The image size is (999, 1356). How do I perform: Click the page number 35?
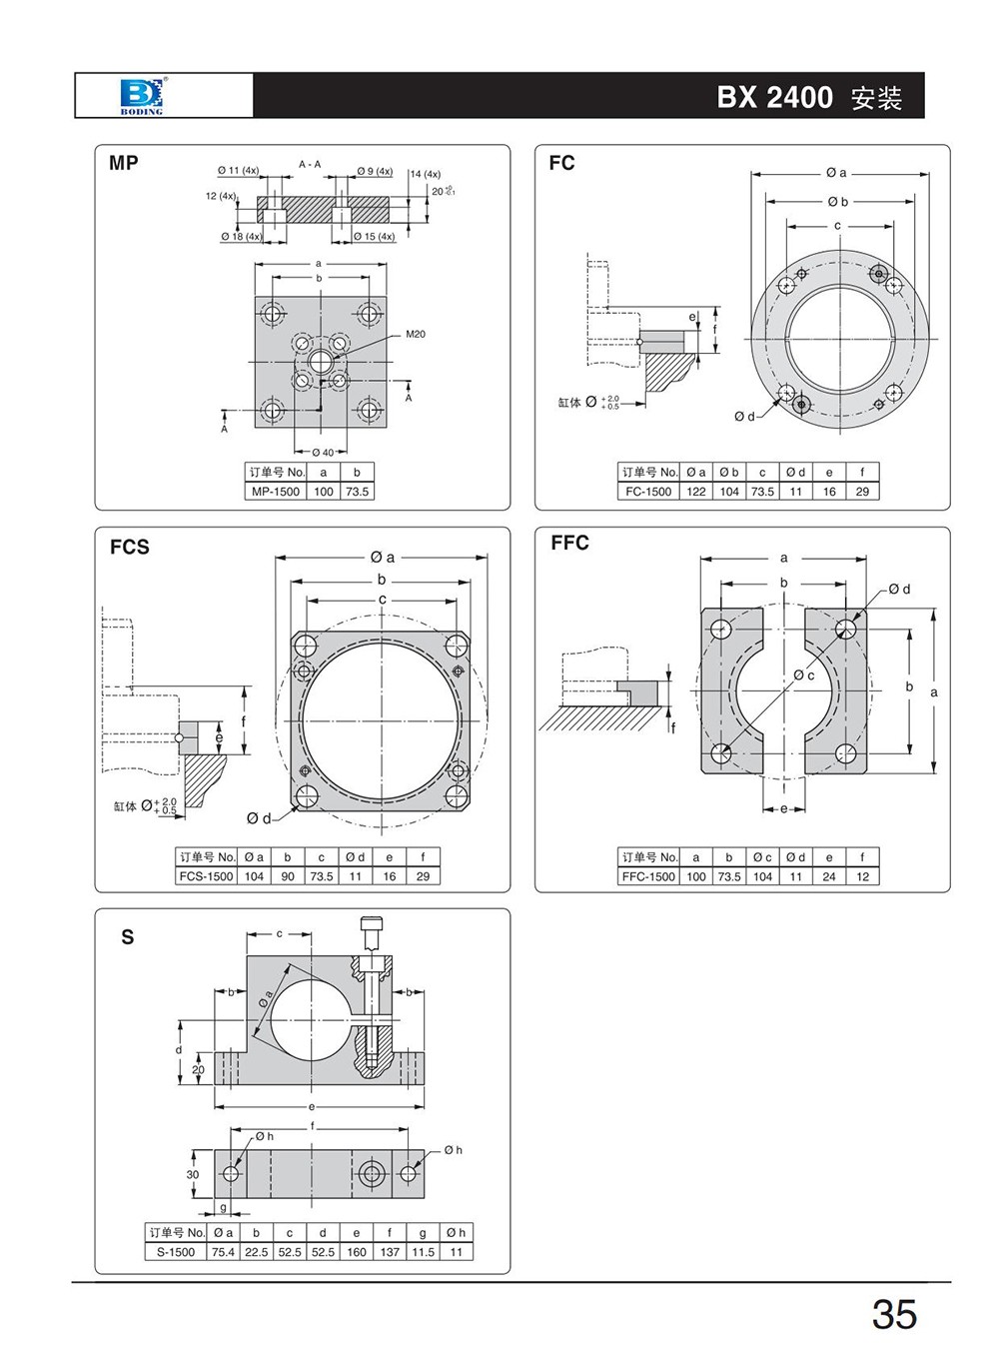[893, 1315]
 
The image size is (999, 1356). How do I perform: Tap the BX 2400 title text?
[774, 97]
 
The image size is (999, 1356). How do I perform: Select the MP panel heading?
[124, 163]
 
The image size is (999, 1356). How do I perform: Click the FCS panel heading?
[130, 547]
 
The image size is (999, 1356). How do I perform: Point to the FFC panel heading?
[570, 544]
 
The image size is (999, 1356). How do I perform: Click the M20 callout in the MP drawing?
[416, 334]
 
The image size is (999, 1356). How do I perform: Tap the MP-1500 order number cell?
[276, 492]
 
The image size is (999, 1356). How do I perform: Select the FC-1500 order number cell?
[648, 492]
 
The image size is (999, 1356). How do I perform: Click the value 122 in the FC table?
[696, 492]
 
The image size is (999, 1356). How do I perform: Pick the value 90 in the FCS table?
[288, 876]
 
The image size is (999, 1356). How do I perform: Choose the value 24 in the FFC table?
[829, 876]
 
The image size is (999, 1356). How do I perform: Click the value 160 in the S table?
[357, 1252]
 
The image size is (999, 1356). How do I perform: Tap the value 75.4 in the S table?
[223, 1252]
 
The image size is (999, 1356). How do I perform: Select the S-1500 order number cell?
[176, 1252]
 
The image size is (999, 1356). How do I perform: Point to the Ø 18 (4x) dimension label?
[241, 237]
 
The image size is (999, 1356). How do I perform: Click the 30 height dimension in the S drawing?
[193, 1175]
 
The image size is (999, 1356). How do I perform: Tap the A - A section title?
[310, 164]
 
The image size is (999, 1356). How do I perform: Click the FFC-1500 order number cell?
[648, 876]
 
